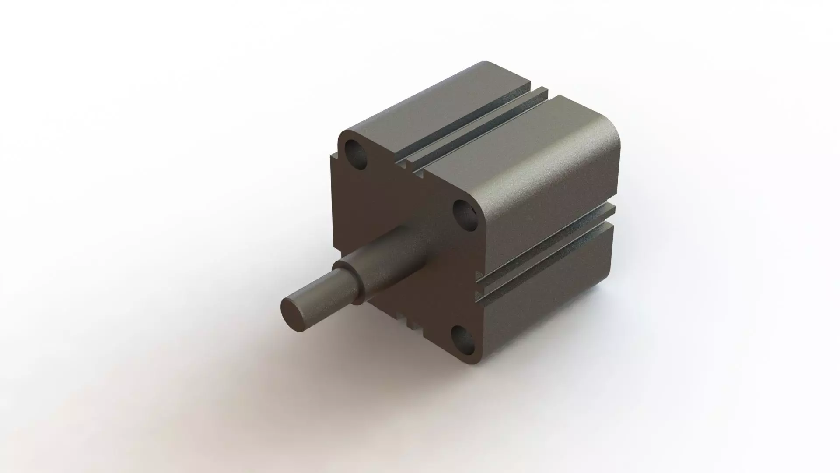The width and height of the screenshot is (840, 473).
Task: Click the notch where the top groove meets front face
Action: (x=405, y=164)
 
